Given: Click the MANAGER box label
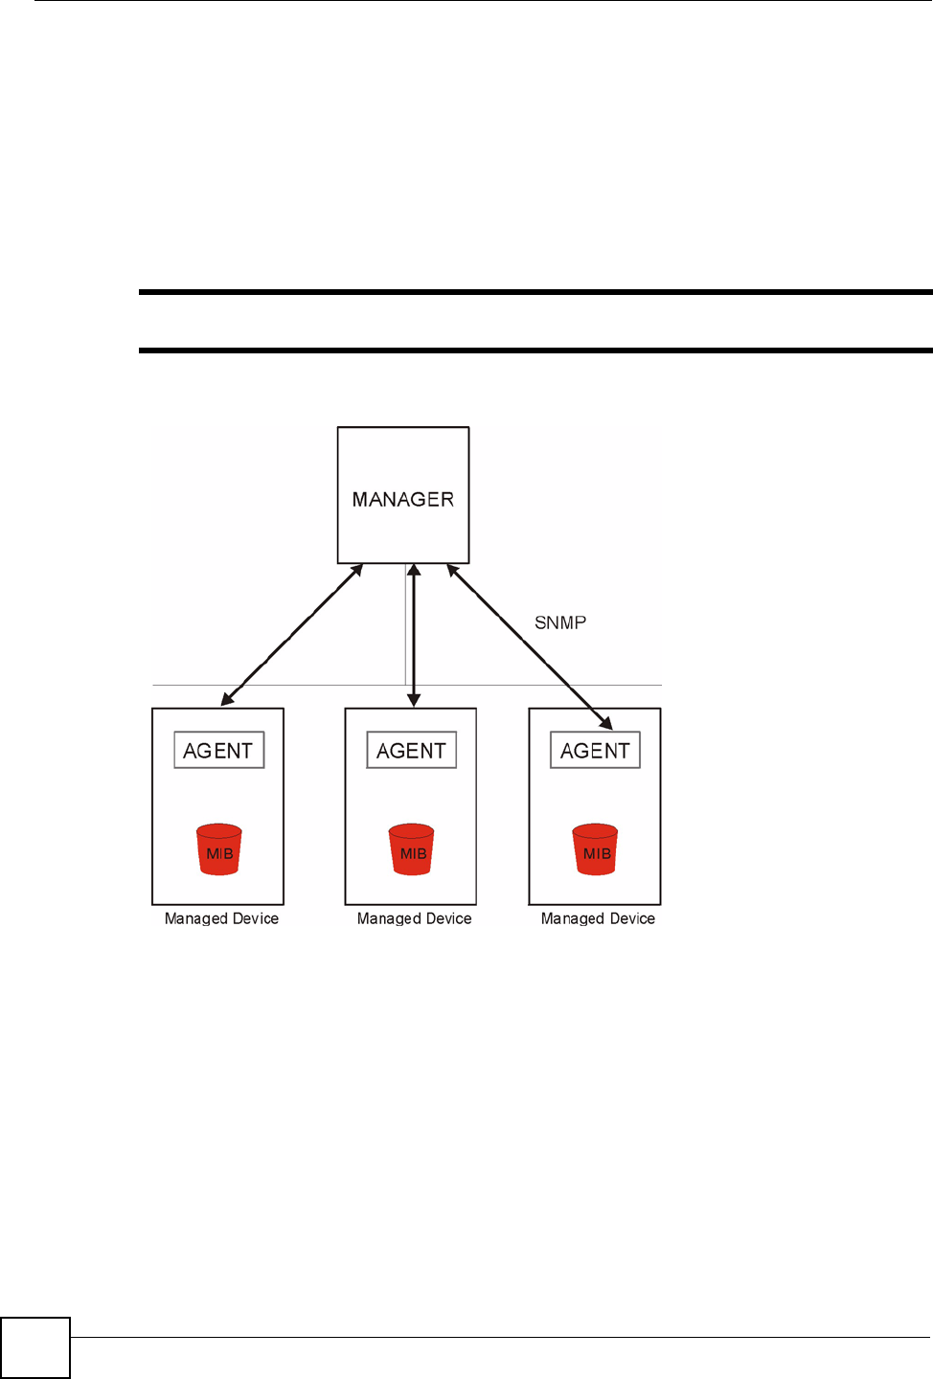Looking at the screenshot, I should pos(403,499).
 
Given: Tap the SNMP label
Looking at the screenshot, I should pos(560,622).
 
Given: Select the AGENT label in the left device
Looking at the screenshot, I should pos(218,751).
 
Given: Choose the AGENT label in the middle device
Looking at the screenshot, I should pos(412,751).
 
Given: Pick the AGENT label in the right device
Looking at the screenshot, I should pos(595,751).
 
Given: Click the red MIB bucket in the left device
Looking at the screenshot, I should pos(219,849).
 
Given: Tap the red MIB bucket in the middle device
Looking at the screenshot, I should pos(412,849).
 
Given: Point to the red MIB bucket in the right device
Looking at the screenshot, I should pos(596,849).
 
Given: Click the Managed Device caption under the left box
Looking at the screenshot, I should pos(221,918).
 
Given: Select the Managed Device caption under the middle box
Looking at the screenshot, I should pos(414,918).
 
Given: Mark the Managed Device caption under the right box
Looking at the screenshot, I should pos(598,918).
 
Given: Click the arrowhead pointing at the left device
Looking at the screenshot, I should pos(228,699).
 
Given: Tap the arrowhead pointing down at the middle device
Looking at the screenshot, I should pos(414,700).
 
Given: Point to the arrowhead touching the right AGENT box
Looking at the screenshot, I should pos(605,722).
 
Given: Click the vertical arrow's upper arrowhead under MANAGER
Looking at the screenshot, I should pos(414,571).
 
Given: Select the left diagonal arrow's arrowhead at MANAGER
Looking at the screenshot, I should pos(356,571).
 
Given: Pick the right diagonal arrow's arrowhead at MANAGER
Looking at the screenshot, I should pos(453,571).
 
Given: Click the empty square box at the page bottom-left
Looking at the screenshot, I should pos(35,1347).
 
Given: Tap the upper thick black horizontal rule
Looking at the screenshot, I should pos(535,292).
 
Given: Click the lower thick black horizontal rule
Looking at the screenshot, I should pos(535,350).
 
